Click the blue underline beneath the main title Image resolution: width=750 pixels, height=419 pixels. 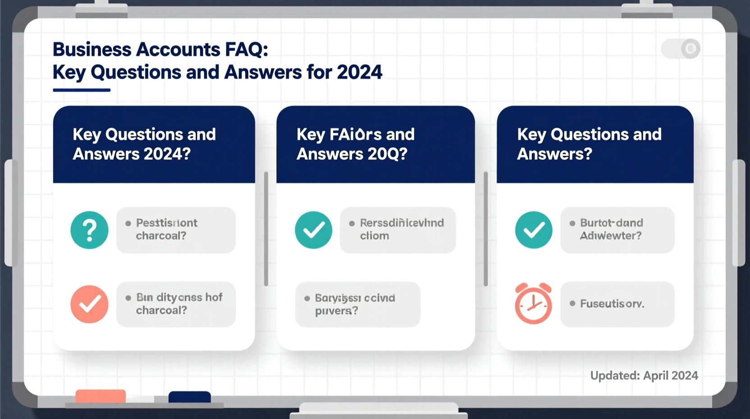(x=82, y=90)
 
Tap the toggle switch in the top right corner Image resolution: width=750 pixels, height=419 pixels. (x=680, y=48)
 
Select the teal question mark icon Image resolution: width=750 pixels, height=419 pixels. (x=89, y=230)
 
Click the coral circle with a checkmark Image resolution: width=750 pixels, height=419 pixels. (x=89, y=304)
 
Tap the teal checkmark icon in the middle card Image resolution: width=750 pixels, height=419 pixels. (x=314, y=230)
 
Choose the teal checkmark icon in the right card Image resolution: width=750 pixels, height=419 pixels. (x=534, y=230)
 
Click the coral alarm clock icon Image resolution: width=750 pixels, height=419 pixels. (x=533, y=304)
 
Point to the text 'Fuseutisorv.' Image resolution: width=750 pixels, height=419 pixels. (x=612, y=304)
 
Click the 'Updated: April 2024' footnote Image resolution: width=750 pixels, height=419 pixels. (x=644, y=376)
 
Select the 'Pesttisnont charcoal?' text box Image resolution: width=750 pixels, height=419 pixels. (x=176, y=230)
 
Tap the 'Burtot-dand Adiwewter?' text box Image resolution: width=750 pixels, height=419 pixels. (x=617, y=230)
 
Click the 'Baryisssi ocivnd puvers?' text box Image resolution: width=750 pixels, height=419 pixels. (x=357, y=304)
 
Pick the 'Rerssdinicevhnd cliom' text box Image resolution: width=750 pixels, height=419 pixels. (x=398, y=230)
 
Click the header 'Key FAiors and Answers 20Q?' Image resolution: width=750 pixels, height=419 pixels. (x=355, y=144)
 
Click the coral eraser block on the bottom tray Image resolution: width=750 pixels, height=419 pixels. (x=101, y=396)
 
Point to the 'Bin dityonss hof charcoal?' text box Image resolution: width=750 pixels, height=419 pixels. (x=176, y=304)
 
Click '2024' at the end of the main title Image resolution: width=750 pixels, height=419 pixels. (x=359, y=72)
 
